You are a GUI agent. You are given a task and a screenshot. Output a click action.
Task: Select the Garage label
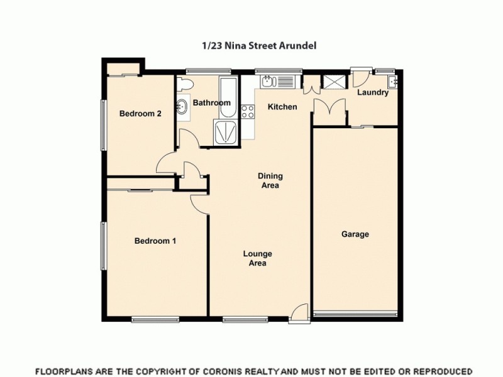point(355,234)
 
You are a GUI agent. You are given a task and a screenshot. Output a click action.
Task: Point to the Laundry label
point(373,93)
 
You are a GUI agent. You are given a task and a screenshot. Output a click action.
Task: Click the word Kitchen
point(282,107)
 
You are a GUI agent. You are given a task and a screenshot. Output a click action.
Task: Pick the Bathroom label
point(211,102)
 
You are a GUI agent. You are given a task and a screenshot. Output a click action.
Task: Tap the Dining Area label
point(270,180)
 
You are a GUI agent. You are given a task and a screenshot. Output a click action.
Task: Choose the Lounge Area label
point(258,258)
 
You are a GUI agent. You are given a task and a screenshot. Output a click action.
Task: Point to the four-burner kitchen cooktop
point(248,112)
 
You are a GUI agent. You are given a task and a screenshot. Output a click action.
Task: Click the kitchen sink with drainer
point(277,81)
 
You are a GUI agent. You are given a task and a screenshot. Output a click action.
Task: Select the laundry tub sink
point(394,82)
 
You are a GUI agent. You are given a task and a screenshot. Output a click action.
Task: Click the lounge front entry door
point(301,310)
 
